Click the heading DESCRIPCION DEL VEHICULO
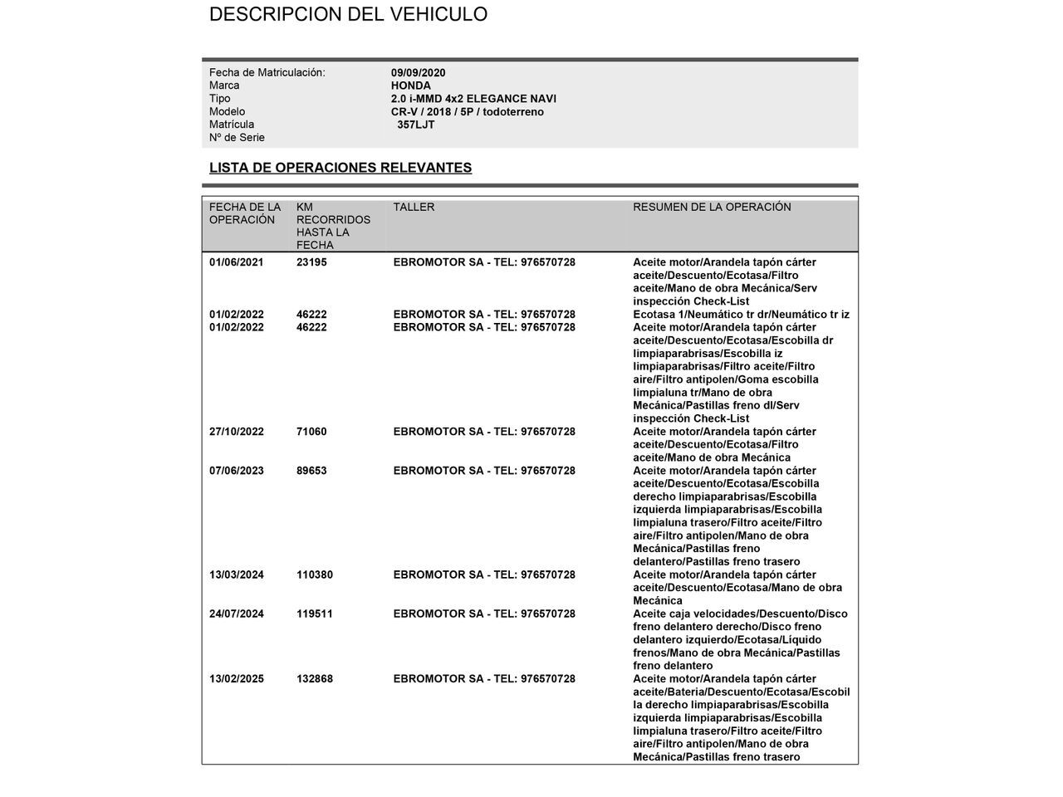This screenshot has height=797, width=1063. pyautogui.click(x=348, y=14)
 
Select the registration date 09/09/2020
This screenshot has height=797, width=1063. pyautogui.click(x=418, y=73)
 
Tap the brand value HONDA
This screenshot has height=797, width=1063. pyautogui.click(x=410, y=86)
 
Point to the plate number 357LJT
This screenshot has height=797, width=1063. pyautogui.click(x=415, y=125)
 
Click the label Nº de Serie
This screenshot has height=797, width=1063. pyautogui.click(x=237, y=138)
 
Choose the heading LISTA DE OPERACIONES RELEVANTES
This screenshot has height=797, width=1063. pyautogui.click(x=340, y=168)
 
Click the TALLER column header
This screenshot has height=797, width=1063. pyautogui.click(x=414, y=207)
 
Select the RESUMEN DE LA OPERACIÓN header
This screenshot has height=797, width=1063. pyautogui.click(x=712, y=207)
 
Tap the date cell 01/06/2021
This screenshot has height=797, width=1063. pyautogui.click(x=236, y=262)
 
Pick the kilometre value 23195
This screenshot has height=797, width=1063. pyautogui.click(x=311, y=262)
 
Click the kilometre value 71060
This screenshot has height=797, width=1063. pyautogui.click(x=311, y=432)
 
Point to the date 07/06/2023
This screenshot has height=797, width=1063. pyautogui.click(x=236, y=471)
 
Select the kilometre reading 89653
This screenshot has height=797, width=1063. pyautogui.click(x=311, y=471)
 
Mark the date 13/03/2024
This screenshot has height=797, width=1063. pyautogui.click(x=236, y=575)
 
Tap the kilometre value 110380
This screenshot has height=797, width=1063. pyautogui.click(x=315, y=575)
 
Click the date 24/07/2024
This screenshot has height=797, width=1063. pyautogui.click(x=236, y=614)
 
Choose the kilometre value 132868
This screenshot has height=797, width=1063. pyautogui.click(x=315, y=679)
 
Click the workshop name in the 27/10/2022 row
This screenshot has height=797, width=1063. pyautogui.click(x=483, y=432)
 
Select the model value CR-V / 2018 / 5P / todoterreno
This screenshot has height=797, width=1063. pyautogui.click(x=468, y=112)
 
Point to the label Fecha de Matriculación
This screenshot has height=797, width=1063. pyautogui.click(x=267, y=73)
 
